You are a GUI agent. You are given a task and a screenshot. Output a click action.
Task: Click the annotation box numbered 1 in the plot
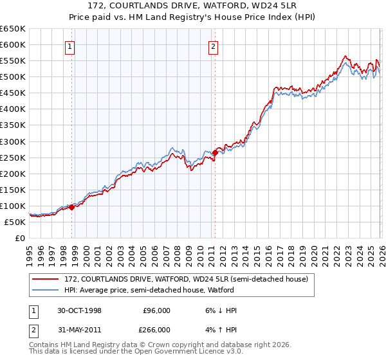69,46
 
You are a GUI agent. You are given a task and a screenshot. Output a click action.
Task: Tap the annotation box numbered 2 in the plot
213,46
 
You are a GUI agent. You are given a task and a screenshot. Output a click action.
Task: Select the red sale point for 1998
72,207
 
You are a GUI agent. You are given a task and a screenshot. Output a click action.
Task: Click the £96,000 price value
156,310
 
